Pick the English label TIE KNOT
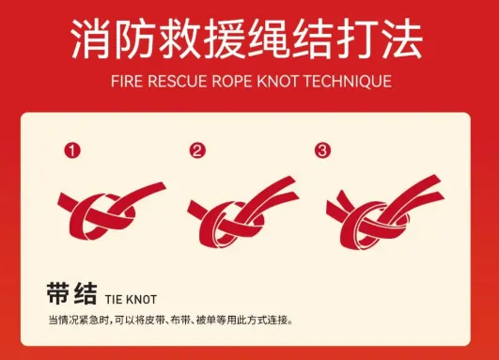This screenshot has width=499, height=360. coord(131,298)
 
